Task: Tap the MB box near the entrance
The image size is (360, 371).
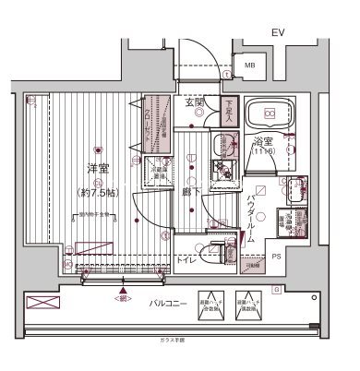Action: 250,66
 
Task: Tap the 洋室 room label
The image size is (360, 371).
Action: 98,170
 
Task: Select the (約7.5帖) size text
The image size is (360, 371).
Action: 98,191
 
